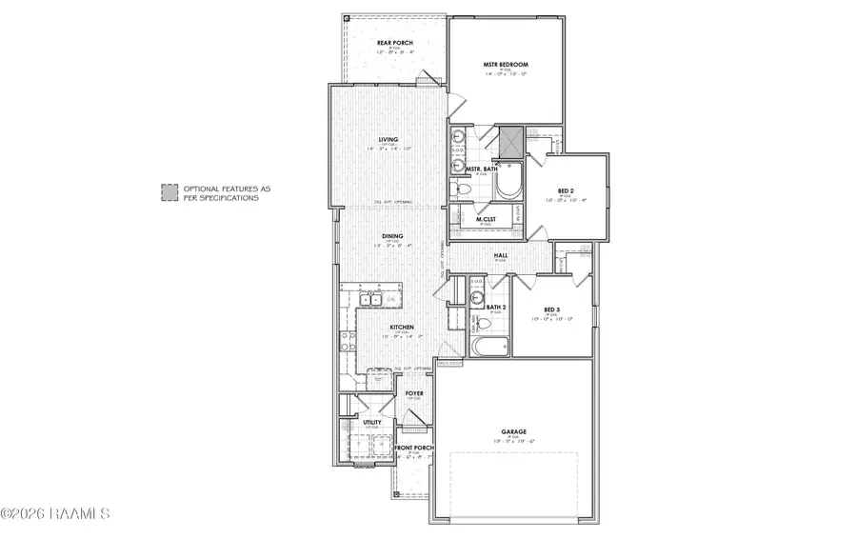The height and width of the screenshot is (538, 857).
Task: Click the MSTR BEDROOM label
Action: point(505,66)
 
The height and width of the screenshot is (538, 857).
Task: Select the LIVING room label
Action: point(388,140)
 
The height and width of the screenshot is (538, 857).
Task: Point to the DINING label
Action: point(392,236)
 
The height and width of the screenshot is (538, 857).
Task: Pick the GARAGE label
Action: point(514,431)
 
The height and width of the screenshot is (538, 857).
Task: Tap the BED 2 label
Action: point(565,191)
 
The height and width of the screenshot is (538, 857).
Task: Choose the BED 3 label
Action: point(550,309)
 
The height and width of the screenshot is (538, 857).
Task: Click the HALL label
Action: point(499,255)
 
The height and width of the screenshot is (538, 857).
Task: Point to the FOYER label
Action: point(414,392)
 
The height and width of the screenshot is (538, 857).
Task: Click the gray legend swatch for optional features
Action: point(168,191)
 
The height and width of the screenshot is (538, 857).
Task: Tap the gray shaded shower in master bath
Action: point(511,140)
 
